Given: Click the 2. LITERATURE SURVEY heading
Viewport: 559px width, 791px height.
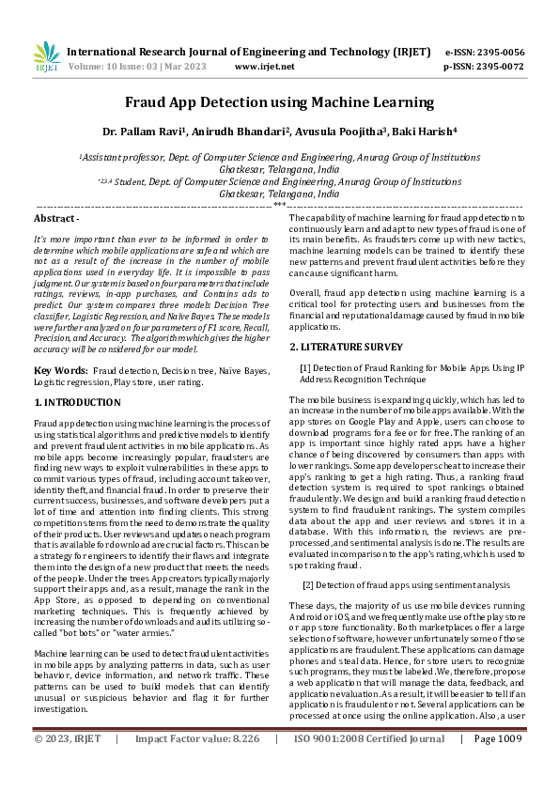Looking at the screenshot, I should pyautogui.click(x=339, y=348).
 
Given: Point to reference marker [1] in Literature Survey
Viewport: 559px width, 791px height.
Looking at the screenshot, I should pyautogui.click(x=304, y=366).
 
